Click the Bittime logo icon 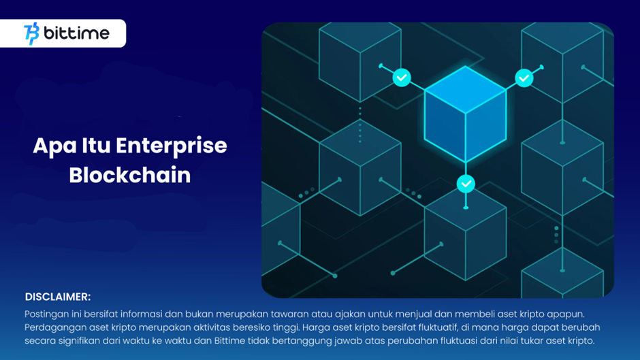(31, 33)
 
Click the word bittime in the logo (76, 33)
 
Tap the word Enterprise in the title (172, 146)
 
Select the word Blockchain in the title (130, 175)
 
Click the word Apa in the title (54, 146)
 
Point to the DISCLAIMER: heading (58, 297)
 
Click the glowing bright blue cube (465, 114)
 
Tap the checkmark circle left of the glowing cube (402, 78)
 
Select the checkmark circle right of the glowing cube (524, 78)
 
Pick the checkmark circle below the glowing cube (466, 184)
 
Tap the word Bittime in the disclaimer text (230, 340)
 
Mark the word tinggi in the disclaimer (287, 328)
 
